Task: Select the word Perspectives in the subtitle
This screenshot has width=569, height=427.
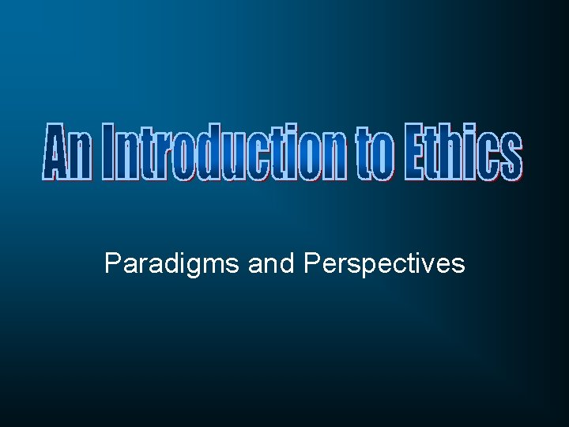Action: pos(384,263)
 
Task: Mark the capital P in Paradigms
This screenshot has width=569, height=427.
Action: pos(112,263)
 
